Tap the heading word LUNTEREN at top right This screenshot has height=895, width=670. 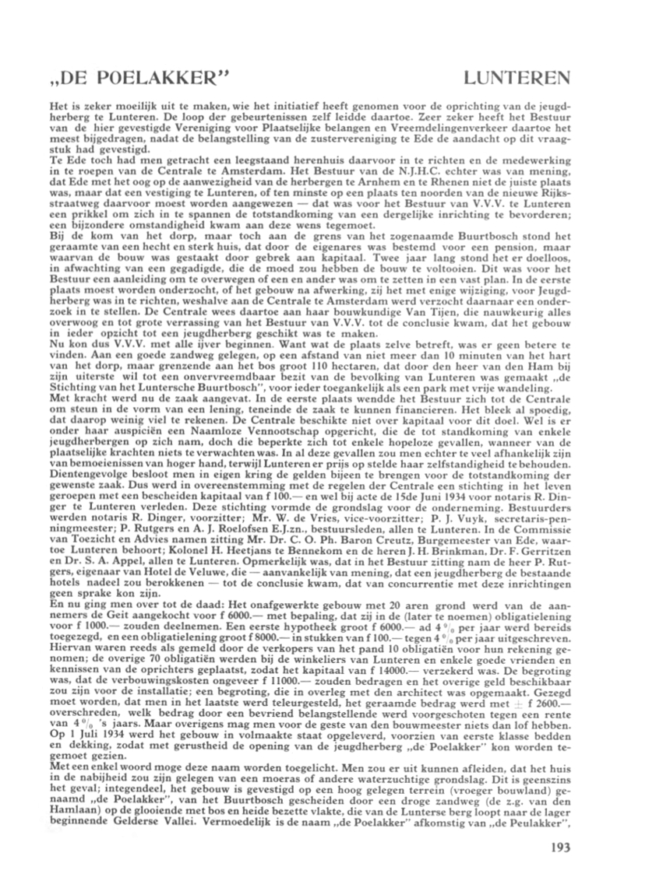tap(517, 79)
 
